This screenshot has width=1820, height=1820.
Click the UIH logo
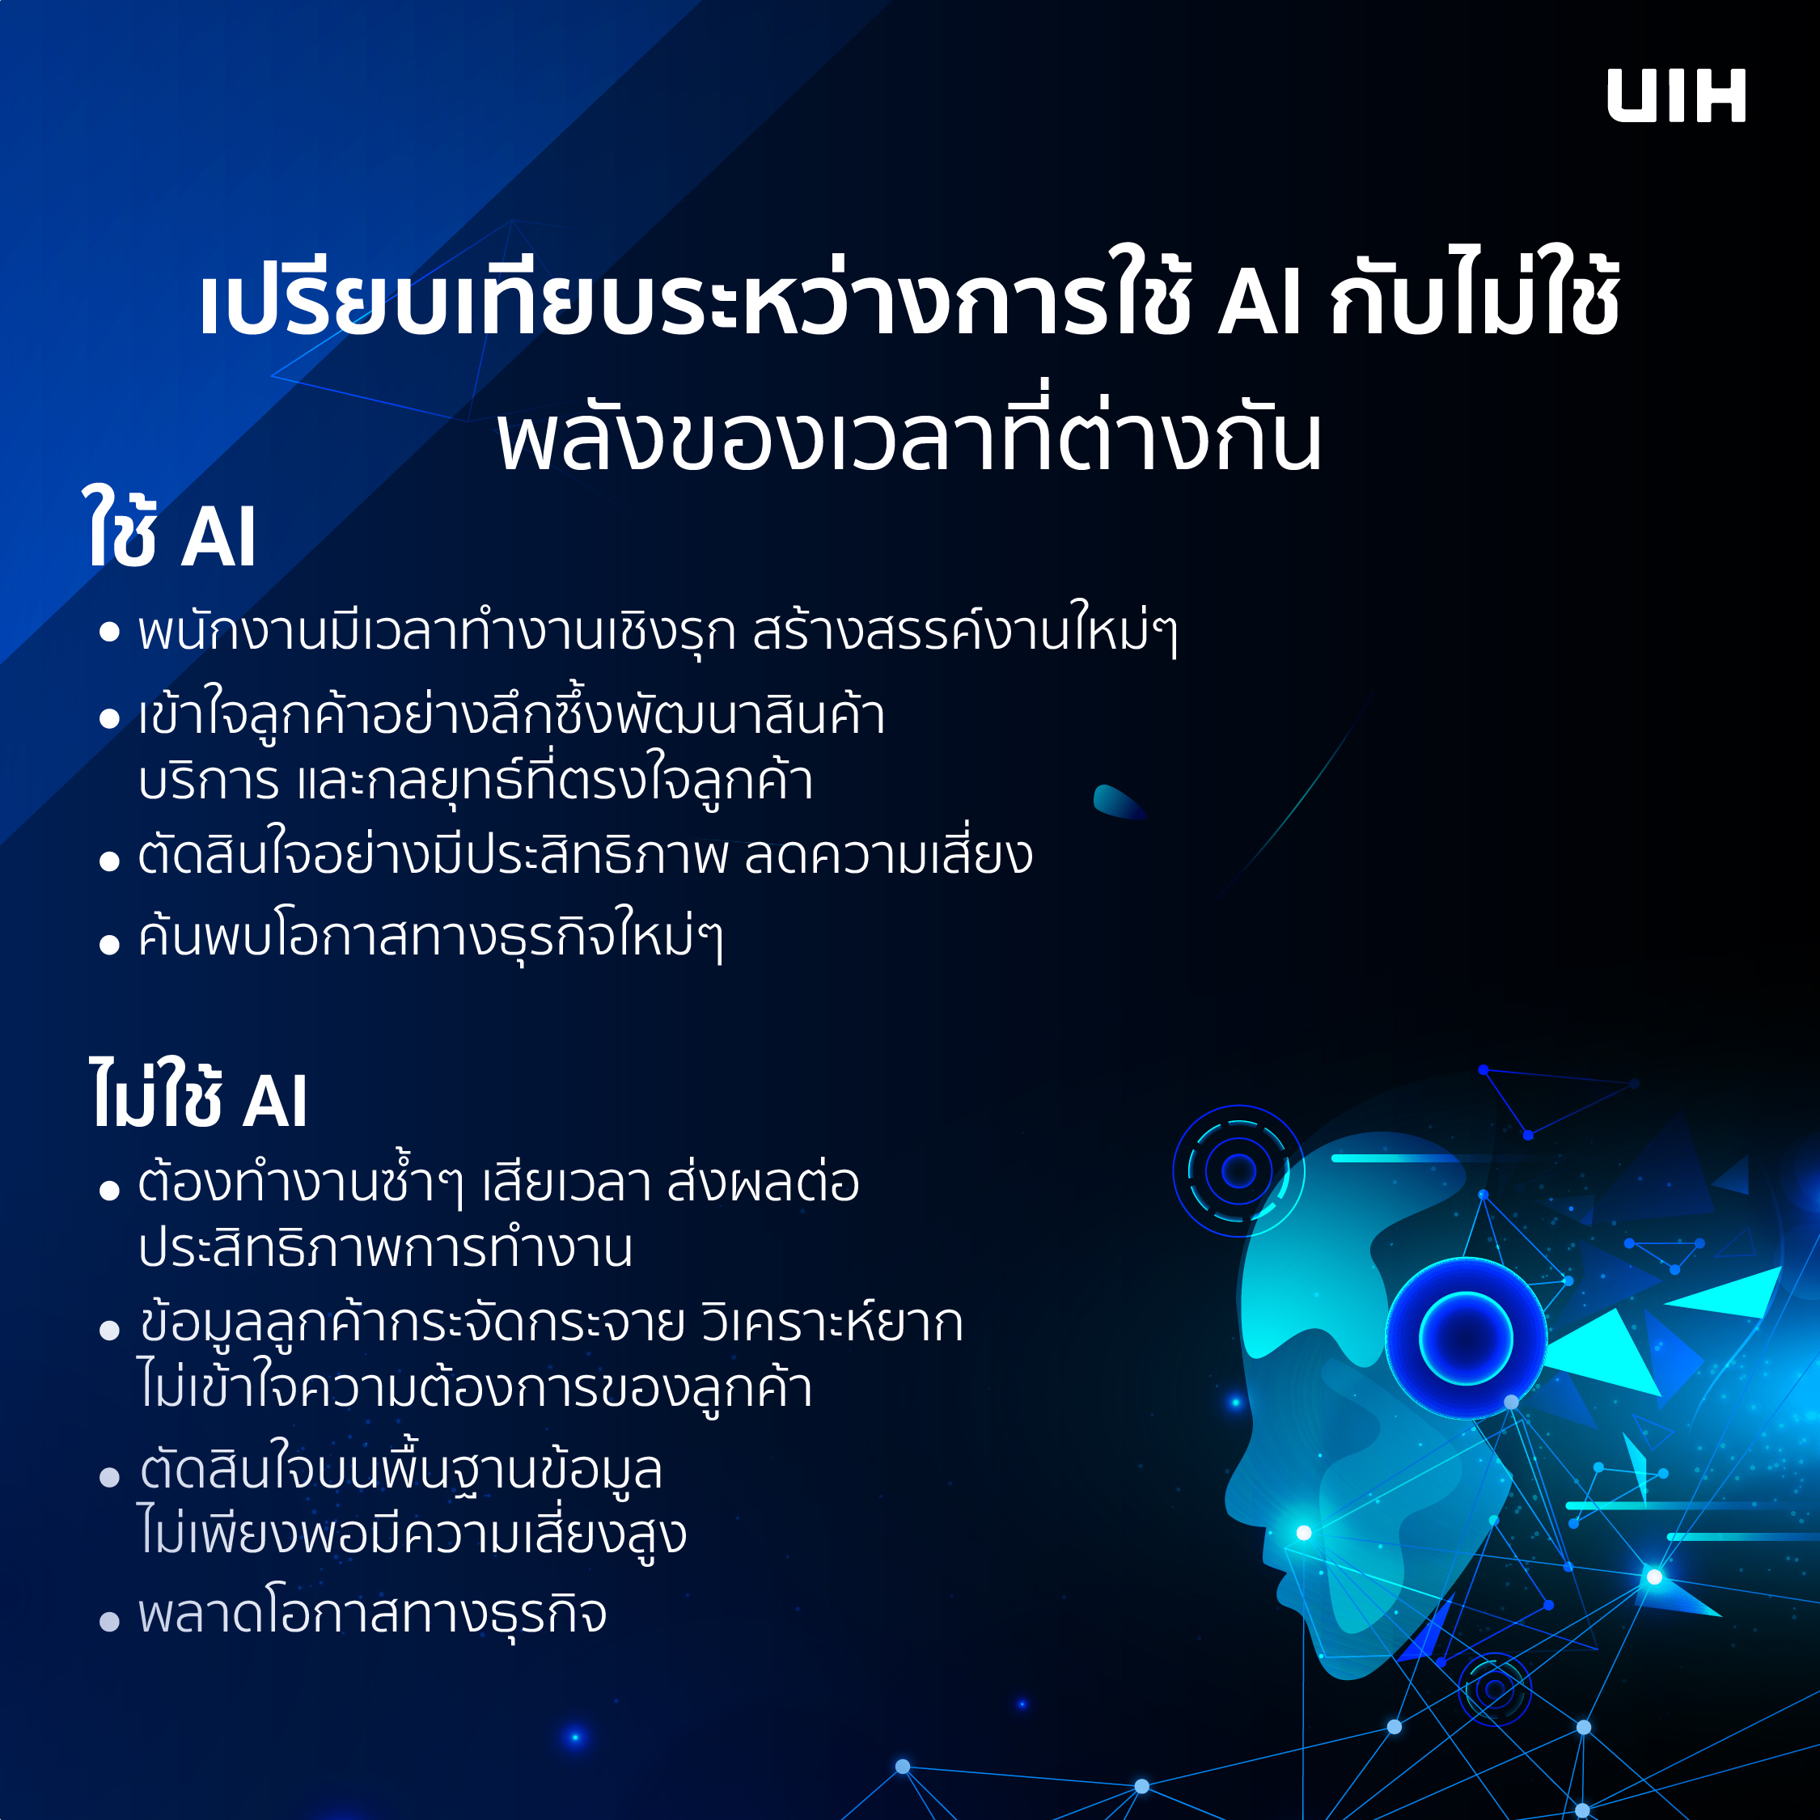pyautogui.click(x=1676, y=95)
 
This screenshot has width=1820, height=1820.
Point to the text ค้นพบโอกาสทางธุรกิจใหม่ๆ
pyautogui.click(x=430, y=935)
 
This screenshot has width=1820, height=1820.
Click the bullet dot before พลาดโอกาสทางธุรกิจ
pyautogui.click(x=109, y=1621)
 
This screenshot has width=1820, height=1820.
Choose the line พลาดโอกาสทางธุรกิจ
pyautogui.click(x=372, y=1614)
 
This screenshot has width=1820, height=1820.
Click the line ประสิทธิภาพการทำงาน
pyautogui.click(x=385, y=1249)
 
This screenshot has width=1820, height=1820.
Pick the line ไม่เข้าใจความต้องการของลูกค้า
pyautogui.click(x=475, y=1387)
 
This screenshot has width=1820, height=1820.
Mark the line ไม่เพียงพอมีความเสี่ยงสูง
pyautogui.click(x=412, y=1533)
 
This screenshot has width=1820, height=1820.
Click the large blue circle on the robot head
pyautogui.click(x=1466, y=1338)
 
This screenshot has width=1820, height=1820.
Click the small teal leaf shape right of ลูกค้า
pyautogui.click(x=1118, y=801)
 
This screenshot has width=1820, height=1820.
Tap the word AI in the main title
pyautogui.click(x=1260, y=303)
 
